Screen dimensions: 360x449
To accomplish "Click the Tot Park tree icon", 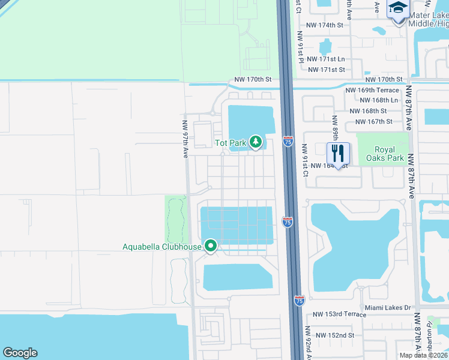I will pyautogui.click(x=256, y=142).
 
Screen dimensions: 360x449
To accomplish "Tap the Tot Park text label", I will pyautogui.click(x=231, y=143).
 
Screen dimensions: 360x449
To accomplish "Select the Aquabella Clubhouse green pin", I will pyautogui.click(x=211, y=246).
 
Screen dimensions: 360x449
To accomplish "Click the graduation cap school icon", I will pyautogui.click(x=398, y=8).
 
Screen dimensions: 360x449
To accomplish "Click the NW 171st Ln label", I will pyautogui.click(x=326, y=59).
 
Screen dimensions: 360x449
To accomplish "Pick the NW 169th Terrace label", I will pyautogui.click(x=372, y=90).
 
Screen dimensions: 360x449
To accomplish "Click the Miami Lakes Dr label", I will pyautogui.click(x=384, y=308).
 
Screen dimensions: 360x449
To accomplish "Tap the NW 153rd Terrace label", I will pyautogui.click(x=340, y=315).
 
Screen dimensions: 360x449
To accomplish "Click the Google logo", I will pyautogui.click(x=20, y=353).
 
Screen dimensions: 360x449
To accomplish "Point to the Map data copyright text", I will pyautogui.click(x=423, y=355).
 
